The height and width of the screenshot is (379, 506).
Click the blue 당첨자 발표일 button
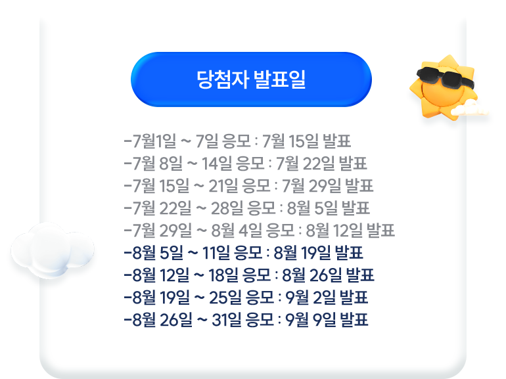(x=251, y=79)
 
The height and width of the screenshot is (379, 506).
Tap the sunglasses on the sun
(x=445, y=77)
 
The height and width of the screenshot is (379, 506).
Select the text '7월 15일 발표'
(x=306, y=141)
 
